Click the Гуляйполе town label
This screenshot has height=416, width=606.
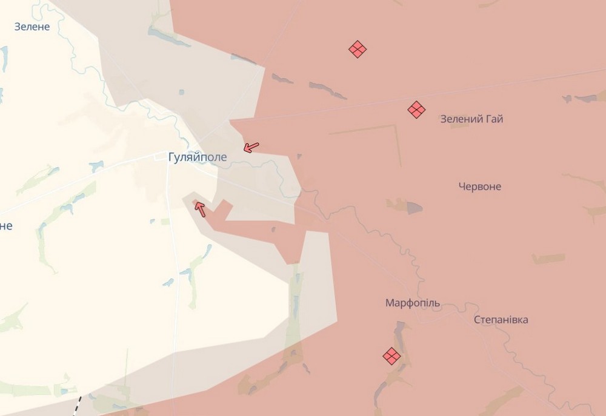(x=198, y=157)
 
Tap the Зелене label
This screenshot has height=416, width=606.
(x=32, y=27)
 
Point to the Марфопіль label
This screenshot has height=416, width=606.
(x=413, y=303)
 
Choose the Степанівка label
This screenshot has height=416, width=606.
(x=501, y=320)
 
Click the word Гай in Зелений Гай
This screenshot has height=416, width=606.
(x=494, y=119)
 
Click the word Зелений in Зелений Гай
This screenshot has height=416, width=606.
(x=461, y=119)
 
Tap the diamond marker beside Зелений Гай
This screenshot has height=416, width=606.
(x=416, y=110)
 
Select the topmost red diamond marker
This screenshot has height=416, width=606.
(x=358, y=49)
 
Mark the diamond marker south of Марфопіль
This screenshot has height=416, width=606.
(x=392, y=356)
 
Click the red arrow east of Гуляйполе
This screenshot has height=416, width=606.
(x=251, y=147)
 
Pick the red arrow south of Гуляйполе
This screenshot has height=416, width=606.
(x=199, y=209)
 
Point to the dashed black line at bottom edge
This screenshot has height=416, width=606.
(x=77, y=405)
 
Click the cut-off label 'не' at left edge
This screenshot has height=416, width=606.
(x=5, y=226)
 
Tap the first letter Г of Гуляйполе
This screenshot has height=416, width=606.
(x=172, y=157)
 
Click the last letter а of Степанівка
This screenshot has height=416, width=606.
(x=525, y=320)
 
